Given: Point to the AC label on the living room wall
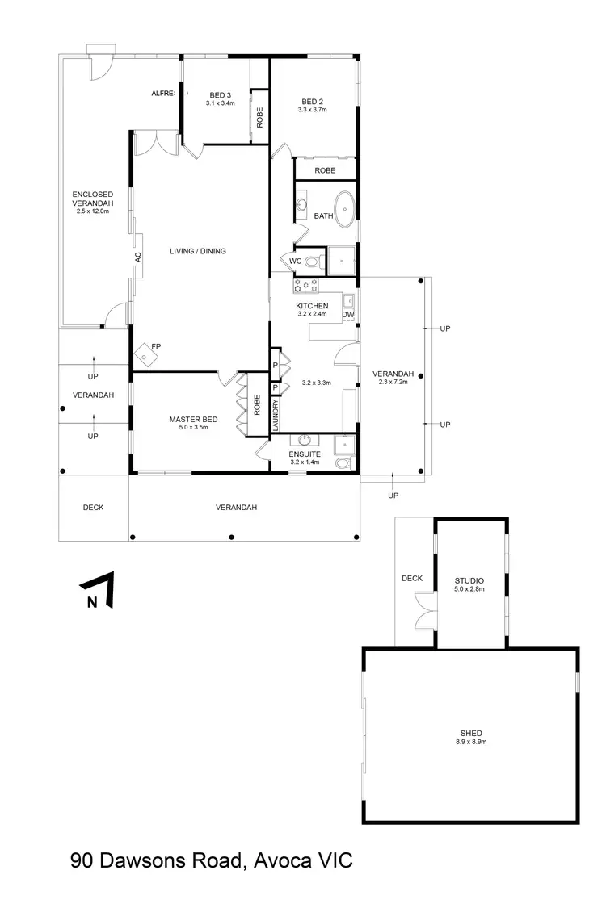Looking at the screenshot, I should [x=137, y=257].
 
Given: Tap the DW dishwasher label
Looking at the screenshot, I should [x=348, y=315].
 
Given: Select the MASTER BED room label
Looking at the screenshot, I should [x=193, y=419].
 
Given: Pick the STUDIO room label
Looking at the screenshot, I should [x=469, y=580].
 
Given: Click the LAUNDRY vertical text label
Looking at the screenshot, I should [x=276, y=416].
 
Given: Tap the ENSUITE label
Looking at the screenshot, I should [x=305, y=454].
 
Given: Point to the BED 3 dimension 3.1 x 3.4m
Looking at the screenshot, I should [x=220, y=103].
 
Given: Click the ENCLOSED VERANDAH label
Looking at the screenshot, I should [x=92, y=199].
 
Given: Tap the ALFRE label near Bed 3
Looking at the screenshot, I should [x=163, y=94].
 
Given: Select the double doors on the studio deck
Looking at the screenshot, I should [x=424, y=611].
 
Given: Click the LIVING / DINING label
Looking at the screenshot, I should [x=198, y=251].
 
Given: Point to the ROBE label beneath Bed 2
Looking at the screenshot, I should [x=325, y=170].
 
